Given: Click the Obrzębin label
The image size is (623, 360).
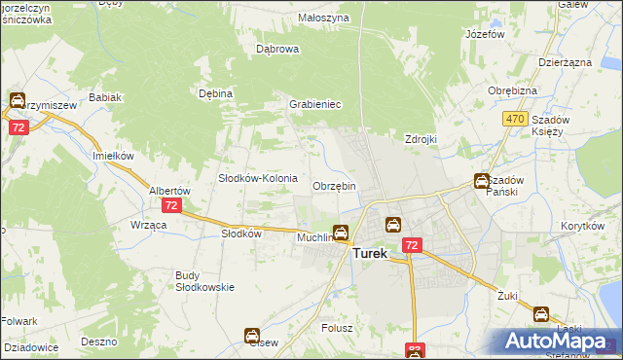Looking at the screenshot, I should coord(334,186).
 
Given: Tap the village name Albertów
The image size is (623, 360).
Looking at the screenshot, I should coord(168,191).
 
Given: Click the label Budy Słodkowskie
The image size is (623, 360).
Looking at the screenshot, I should coord(202,280).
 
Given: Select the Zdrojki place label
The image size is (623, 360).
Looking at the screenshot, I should coord(420,139).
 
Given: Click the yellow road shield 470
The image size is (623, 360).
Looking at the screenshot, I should coord(515,119).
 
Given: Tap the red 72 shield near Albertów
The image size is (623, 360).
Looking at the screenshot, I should coord(171,205).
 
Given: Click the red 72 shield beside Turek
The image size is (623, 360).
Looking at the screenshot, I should coord(412,245).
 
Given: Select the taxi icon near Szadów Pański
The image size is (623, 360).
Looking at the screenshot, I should coord(482,180).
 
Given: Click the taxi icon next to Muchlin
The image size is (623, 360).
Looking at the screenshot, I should coord(341,233).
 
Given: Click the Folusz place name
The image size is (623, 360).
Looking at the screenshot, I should coord(336,328).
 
